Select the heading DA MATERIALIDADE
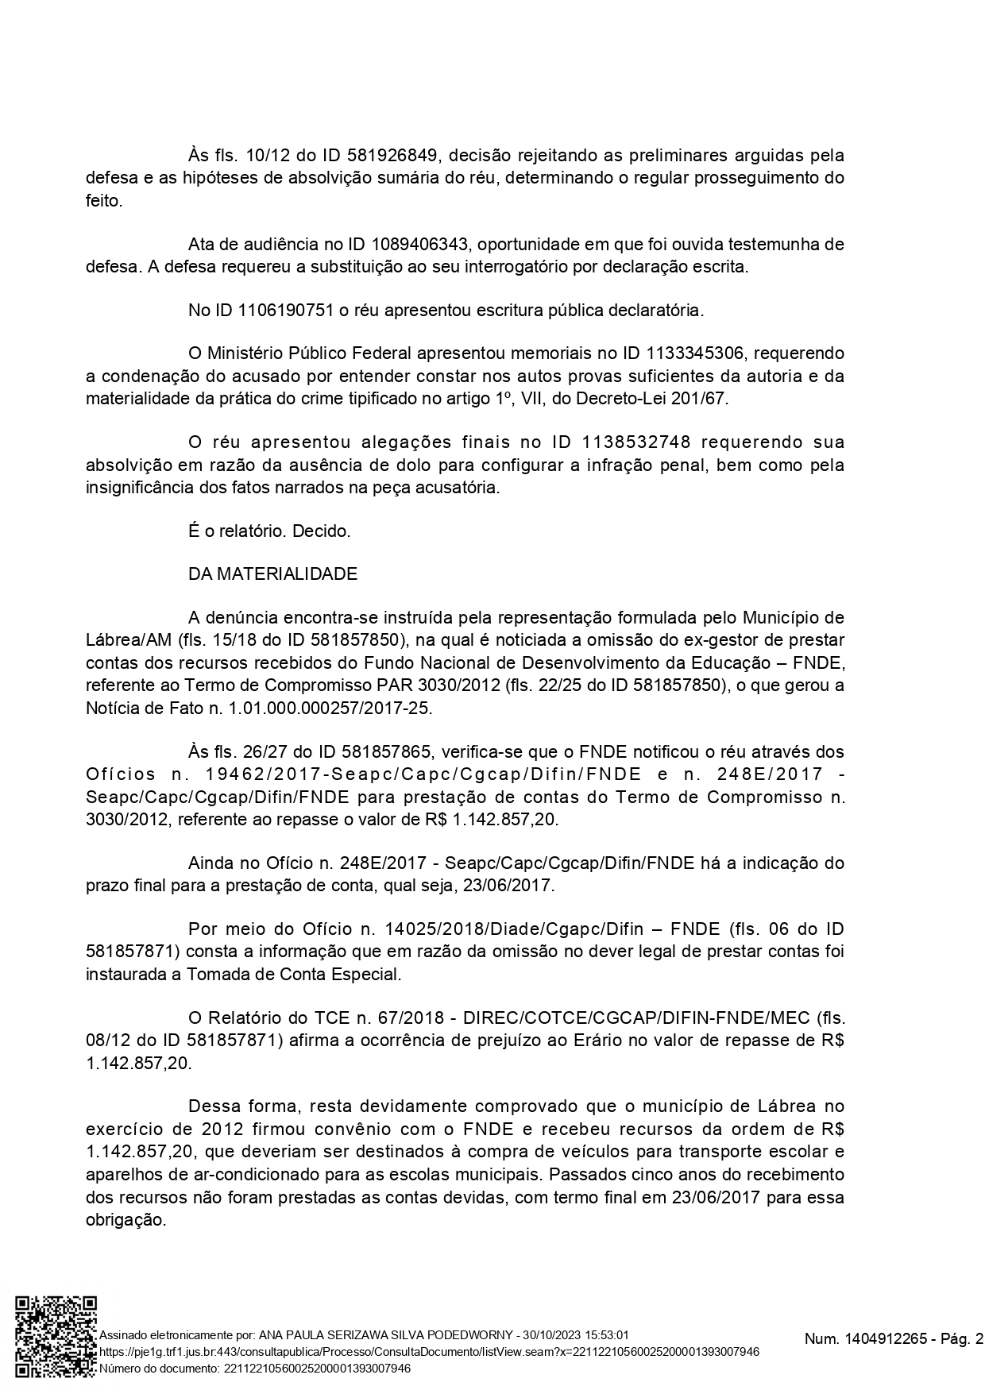272,573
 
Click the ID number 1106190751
285,310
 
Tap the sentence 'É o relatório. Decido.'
269,531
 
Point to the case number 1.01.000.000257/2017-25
338,708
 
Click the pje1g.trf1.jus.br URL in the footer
429,1351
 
